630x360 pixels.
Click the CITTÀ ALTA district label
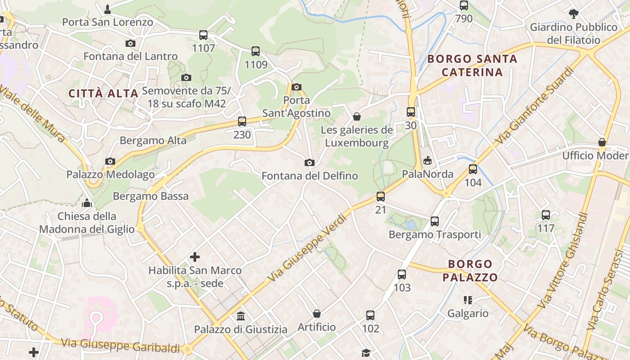pos(103,94)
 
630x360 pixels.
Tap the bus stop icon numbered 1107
pos(203,35)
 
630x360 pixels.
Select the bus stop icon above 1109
pos(256,51)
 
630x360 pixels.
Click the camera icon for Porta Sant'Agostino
pos(296,87)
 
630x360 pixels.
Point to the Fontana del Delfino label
pos(310,176)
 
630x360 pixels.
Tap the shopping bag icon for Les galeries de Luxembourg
pos(357,117)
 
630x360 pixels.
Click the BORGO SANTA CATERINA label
pos(472,65)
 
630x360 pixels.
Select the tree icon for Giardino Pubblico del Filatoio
pos(573,14)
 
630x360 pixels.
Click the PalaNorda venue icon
pos(427,161)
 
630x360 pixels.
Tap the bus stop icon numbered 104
pos(473,169)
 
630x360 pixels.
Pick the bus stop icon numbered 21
pos(381,196)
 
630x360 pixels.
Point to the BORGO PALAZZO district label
pos(470,270)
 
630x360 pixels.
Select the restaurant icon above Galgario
pos(468,300)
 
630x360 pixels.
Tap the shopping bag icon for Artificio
pos(317,314)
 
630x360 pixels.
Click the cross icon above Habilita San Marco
pos(195,257)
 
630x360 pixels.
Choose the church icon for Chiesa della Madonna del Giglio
pos(87,203)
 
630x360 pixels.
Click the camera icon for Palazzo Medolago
pos(110,161)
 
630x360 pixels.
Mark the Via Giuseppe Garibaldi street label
pos(120,346)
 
